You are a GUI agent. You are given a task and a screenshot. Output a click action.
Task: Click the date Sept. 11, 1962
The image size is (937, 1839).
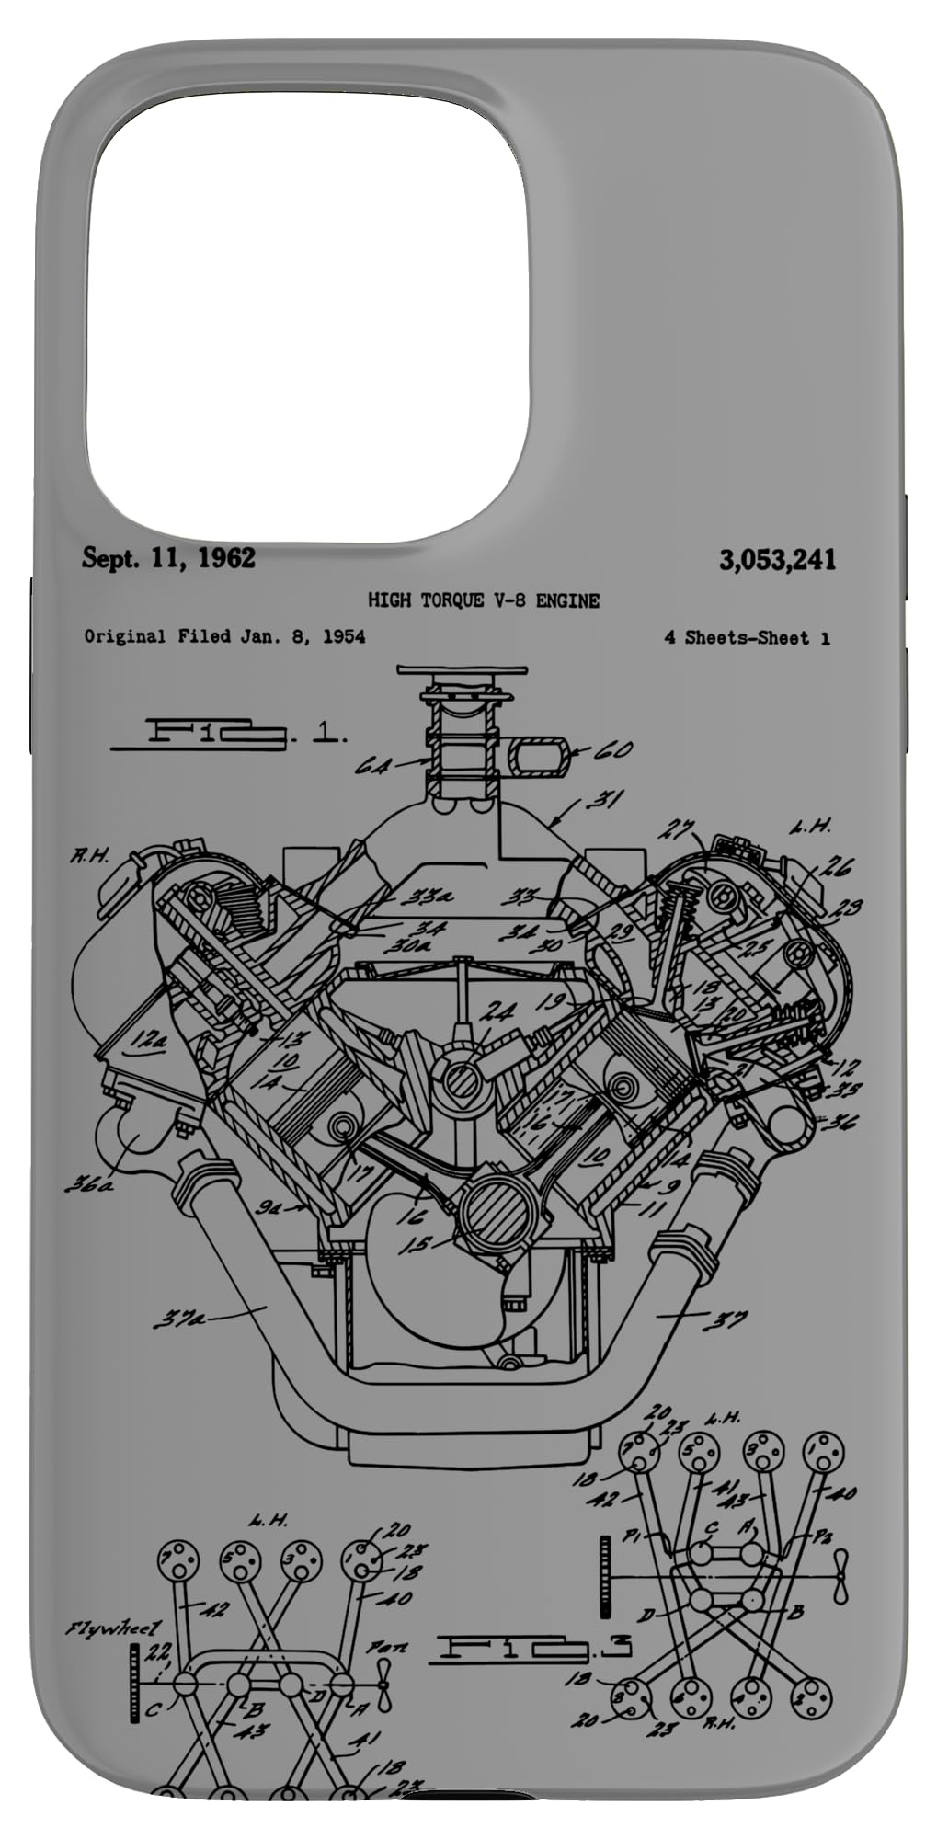169,557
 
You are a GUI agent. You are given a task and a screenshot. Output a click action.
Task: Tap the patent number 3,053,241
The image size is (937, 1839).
778,559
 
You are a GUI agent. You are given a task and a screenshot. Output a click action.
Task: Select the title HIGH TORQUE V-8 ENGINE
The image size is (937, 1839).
484,600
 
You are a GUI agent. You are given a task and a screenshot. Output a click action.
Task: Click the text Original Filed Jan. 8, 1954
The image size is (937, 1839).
224,636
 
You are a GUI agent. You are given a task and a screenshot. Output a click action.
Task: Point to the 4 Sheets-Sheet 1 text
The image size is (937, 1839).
747,637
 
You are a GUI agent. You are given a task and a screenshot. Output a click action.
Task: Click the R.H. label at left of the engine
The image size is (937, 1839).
89,856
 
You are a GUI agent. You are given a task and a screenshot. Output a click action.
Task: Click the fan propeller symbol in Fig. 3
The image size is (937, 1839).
840,1583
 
